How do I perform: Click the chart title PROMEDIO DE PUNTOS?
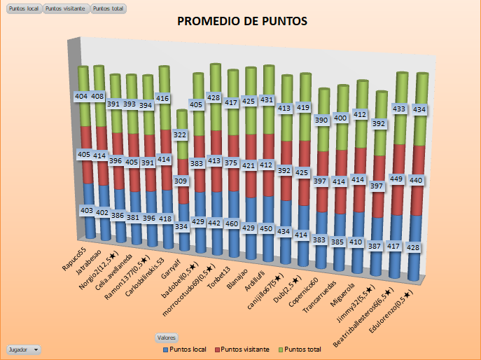[x=242, y=21]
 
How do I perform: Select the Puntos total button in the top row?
[x=108, y=9]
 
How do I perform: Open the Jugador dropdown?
[x=23, y=349]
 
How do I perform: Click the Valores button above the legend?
[x=167, y=338]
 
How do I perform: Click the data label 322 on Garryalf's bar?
[x=181, y=134]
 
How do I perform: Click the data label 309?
[x=181, y=181]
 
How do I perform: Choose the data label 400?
[x=340, y=118]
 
